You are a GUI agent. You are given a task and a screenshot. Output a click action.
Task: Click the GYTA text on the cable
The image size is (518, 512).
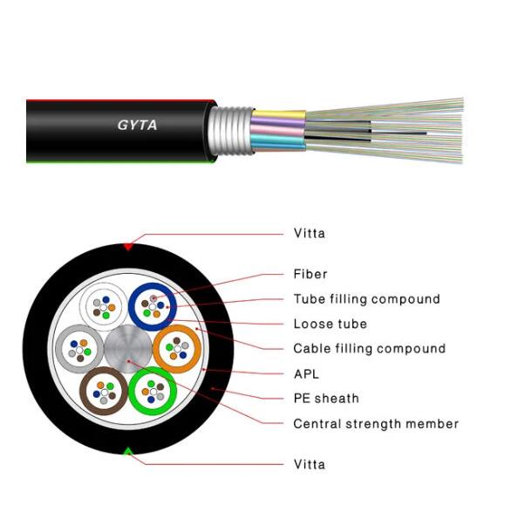point(137,125)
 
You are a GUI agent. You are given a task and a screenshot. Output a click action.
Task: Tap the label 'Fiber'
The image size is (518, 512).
point(310,274)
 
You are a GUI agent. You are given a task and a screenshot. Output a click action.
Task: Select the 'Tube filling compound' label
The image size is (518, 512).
point(366,299)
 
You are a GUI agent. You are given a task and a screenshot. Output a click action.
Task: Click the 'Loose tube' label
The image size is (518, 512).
point(330,324)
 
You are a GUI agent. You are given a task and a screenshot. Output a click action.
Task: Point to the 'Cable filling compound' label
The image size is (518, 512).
point(370,349)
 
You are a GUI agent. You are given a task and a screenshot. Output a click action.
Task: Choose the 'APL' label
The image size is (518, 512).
point(306,374)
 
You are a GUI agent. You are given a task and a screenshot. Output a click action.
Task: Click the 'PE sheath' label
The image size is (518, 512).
point(326,399)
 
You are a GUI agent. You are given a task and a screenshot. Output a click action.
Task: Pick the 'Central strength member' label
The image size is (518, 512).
point(376,424)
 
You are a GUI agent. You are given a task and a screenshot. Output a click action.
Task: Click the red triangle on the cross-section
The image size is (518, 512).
point(128,247)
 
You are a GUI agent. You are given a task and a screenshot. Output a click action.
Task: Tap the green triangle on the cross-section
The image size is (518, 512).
point(128,451)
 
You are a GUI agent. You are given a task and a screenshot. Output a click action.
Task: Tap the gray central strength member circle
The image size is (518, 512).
point(128,349)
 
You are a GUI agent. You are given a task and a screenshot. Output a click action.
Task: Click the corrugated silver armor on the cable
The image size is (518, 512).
point(230,131)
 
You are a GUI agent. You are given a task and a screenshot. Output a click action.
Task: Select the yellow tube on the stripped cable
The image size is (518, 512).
point(279,115)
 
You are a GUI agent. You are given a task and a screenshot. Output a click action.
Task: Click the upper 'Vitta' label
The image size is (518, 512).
point(310,233)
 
